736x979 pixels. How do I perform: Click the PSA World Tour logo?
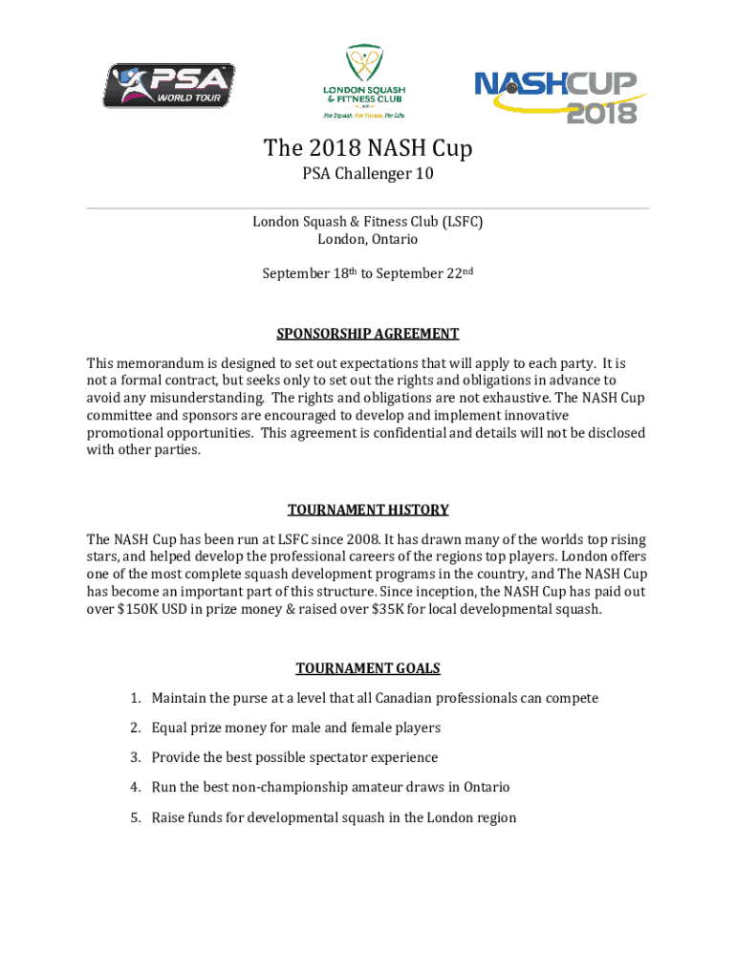point(168,85)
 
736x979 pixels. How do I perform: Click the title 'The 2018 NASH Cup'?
point(368,149)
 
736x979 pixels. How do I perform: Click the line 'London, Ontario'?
point(368,239)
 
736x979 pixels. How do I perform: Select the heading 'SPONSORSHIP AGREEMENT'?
point(368,334)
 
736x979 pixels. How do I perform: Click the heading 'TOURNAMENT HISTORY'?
point(368,510)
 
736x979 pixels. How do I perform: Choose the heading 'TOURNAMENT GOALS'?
point(368,668)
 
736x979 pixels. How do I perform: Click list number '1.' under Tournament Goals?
point(137,698)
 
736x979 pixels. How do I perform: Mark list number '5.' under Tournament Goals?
point(137,817)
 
